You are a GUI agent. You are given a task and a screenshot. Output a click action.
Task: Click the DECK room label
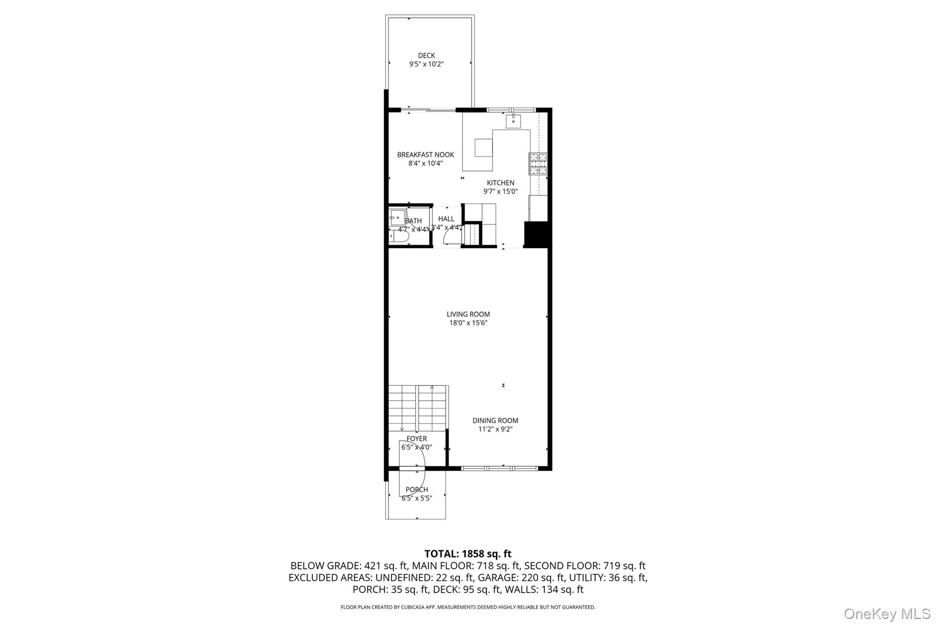(x=426, y=56)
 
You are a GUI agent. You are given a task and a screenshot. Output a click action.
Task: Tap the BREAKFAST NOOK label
(x=425, y=155)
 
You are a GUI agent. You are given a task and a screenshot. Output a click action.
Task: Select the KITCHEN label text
(x=500, y=183)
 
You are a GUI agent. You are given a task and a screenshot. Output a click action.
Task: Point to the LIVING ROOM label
(x=468, y=314)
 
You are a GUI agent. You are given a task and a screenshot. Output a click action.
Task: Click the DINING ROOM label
(x=495, y=421)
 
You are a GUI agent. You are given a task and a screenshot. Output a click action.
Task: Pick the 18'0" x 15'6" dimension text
(x=468, y=323)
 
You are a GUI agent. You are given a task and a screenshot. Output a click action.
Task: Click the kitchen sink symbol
(x=513, y=121)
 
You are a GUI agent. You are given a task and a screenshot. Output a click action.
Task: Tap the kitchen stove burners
(x=538, y=164)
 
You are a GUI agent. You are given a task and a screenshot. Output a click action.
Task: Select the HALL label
(x=446, y=219)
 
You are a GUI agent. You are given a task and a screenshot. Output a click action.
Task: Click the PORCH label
(x=416, y=490)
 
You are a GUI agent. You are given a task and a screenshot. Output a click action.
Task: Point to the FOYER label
(x=416, y=439)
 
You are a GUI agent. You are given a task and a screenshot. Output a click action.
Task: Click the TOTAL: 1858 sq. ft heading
(x=468, y=554)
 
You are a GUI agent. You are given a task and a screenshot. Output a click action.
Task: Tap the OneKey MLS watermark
(x=887, y=613)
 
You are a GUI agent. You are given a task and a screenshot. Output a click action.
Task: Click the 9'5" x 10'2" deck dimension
(x=426, y=64)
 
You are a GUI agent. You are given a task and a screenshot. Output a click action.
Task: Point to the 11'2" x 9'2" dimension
(x=495, y=429)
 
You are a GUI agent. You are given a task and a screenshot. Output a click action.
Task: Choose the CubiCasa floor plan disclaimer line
(x=468, y=607)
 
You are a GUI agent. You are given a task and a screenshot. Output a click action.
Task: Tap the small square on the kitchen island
(x=484, y=147)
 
